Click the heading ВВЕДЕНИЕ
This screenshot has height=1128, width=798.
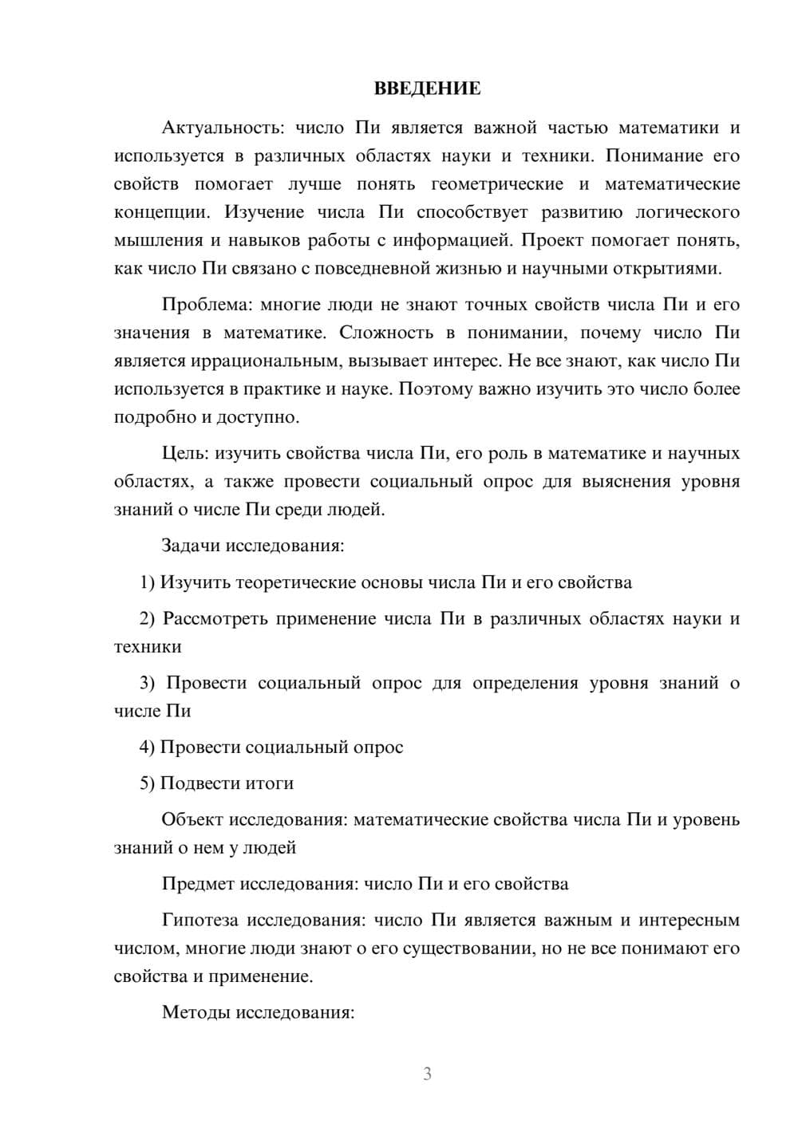click(427, 89)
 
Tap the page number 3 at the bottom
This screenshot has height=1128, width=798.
click(427, 1074)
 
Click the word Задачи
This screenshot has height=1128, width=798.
click(192, 546)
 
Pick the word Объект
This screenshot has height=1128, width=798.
click(192, 820)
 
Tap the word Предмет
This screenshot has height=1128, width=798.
click(199, 884)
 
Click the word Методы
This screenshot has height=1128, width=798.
click(194, 1013)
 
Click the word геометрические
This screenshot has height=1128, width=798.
click(496, 184)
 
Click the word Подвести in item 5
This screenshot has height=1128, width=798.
click(196, 783)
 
